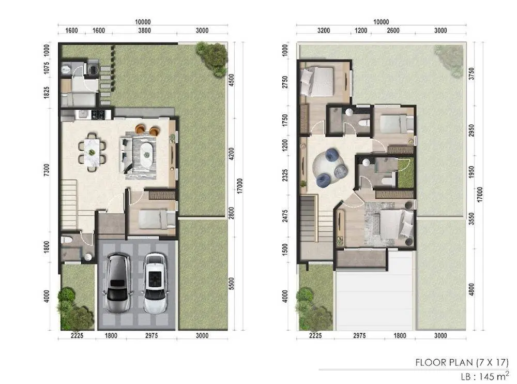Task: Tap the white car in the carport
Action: [156, 283]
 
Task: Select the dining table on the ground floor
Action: [92, 152]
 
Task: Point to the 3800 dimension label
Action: [144, 31]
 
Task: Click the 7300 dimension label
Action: [47, 170]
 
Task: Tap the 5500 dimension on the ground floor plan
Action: [232, 284]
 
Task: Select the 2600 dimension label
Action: [393, 31]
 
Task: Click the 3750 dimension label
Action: [472, 74]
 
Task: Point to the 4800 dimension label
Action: [472, 289]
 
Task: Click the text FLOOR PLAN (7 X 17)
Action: [462, 362]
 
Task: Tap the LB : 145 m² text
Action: [485, 376]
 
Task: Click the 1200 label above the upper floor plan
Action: [361, 31]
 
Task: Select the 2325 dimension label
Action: [285, 175]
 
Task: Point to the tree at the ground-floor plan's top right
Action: [212, 58]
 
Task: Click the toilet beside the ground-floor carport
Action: [67, 239]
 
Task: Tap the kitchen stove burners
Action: [98, 114]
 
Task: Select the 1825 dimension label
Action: [47, 93]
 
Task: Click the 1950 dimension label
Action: [472, 172]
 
